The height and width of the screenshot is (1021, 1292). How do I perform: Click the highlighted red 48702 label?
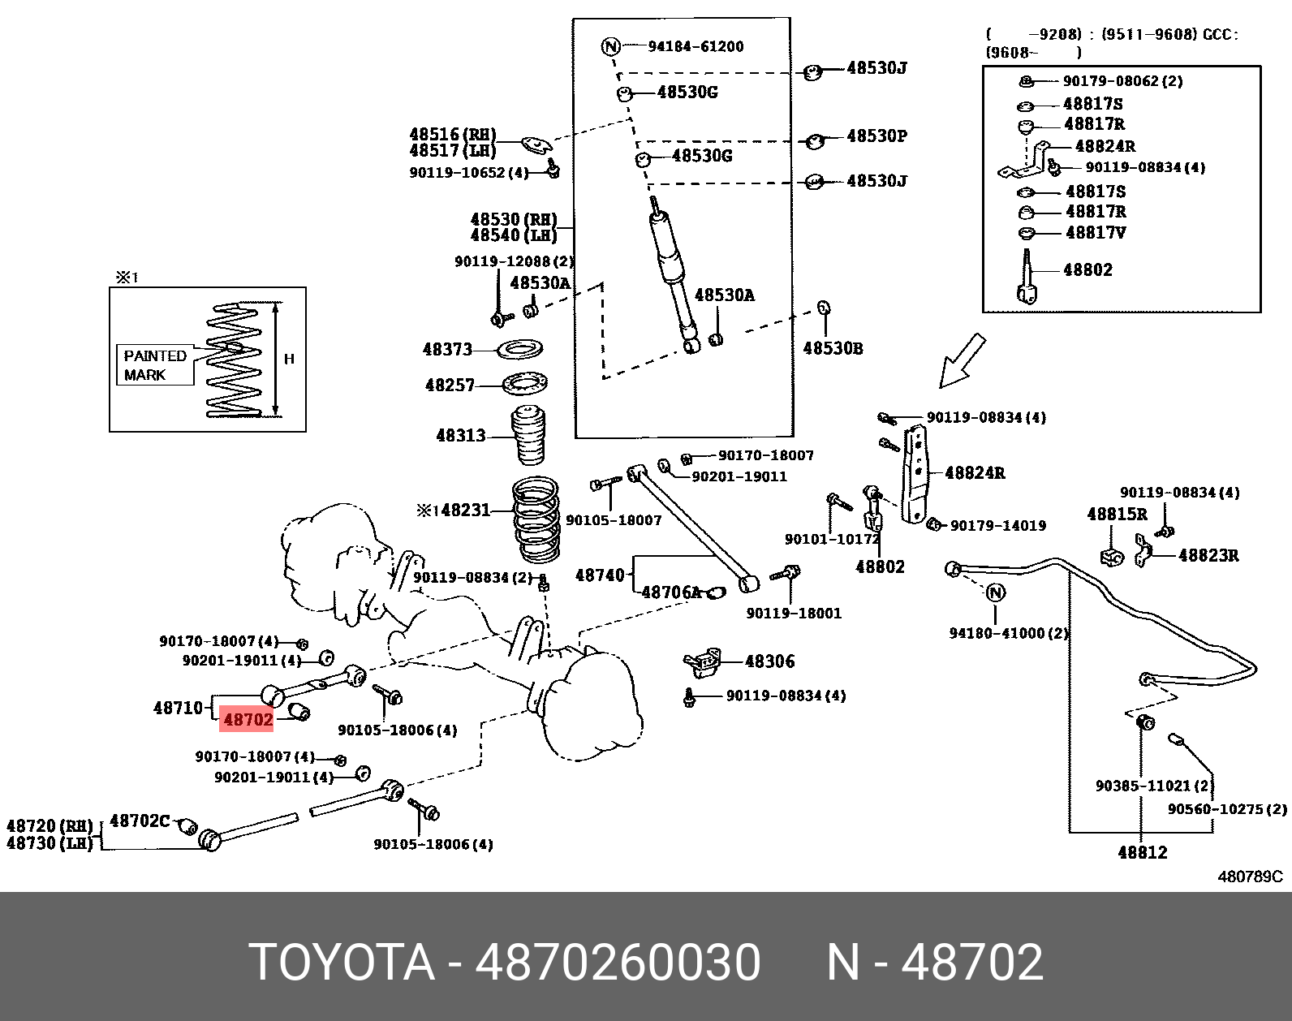(x=248, y=719)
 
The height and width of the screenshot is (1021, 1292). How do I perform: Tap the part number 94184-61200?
(x=696, y=46)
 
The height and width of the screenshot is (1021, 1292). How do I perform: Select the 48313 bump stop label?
(x=460, y=436)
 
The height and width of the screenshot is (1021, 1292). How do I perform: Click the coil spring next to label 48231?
(x=536, y=519)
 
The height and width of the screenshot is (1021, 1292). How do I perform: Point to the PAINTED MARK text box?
(x=155, y=365)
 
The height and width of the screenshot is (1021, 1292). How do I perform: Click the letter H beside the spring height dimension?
(x=289, y=359)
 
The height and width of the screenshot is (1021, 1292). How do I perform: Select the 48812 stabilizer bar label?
(x=1142, y=852)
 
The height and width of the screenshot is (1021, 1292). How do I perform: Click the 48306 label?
(x=770, y=661)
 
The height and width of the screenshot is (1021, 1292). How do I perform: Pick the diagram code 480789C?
(x=1250, y=877)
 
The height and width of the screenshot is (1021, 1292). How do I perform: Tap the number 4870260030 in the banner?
(x=618, y=963)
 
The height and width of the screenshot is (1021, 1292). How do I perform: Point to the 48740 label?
(x=600, y=575)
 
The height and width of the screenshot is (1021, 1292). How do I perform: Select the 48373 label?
(x=447, y=349)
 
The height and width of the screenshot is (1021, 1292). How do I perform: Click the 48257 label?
(x=450, y=385)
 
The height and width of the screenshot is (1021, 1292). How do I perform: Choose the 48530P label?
(x=876, y=136)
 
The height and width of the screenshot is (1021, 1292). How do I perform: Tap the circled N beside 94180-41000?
(x=996, y=592)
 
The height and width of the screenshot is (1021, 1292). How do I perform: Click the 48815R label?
(x=1117, y=514)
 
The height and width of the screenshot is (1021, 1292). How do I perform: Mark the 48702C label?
(x=140, y=821)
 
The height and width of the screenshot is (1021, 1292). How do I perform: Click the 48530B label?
(x=833, y=348)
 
